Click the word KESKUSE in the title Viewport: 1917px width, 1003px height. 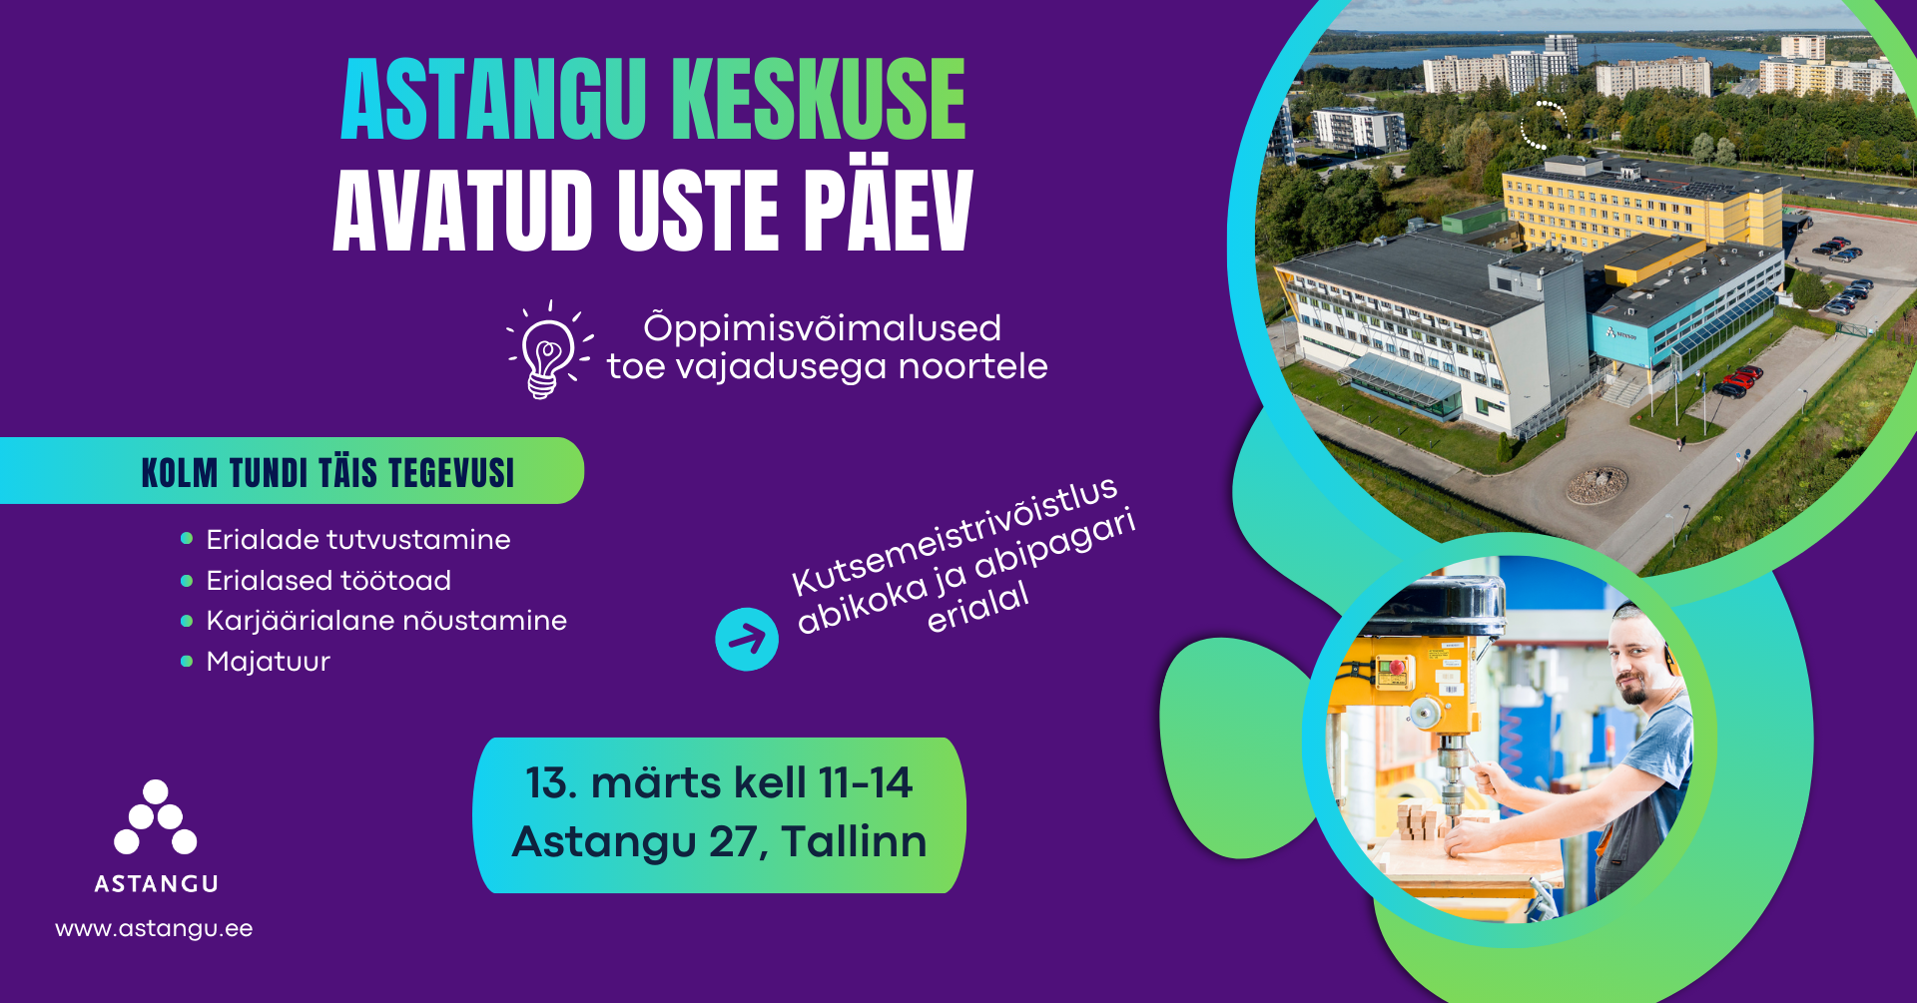click(x=819, y=99)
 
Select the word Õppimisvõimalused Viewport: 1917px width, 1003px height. click(x=822, y=328)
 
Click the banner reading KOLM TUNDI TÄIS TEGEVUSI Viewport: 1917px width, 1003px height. click(x=292, y=471)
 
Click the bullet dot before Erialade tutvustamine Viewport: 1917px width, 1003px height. click(x=186, y=539)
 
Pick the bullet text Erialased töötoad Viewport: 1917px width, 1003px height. click(x=328, y=580)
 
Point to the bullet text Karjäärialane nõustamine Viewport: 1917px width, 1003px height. click(x=386, y=621)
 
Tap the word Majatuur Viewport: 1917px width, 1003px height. click(x=268, y=662)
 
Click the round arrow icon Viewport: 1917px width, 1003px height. click(x=747, y=639)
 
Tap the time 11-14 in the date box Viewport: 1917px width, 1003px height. click(x=865, y=783)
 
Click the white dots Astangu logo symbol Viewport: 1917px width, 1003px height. click(x=156, y=817)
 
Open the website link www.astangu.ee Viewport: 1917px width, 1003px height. click(x=154, y=929)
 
